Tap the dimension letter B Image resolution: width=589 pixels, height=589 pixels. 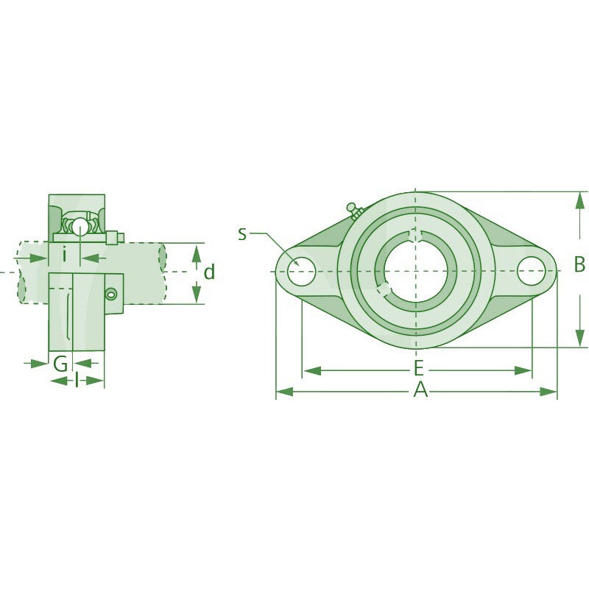tap(579, 264)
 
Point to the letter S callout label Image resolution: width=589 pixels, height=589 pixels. tap(242, 234)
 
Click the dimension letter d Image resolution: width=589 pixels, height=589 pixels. tap(209, 272)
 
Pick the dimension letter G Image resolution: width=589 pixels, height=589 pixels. tap(60, 364)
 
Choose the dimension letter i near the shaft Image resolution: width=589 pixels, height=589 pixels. tap(65, 255)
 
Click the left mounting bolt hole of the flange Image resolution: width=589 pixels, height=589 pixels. tap(301, 272)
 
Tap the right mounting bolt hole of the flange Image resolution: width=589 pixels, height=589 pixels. tap(531, 270)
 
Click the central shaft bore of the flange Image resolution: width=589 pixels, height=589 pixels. tap(415, 271)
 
